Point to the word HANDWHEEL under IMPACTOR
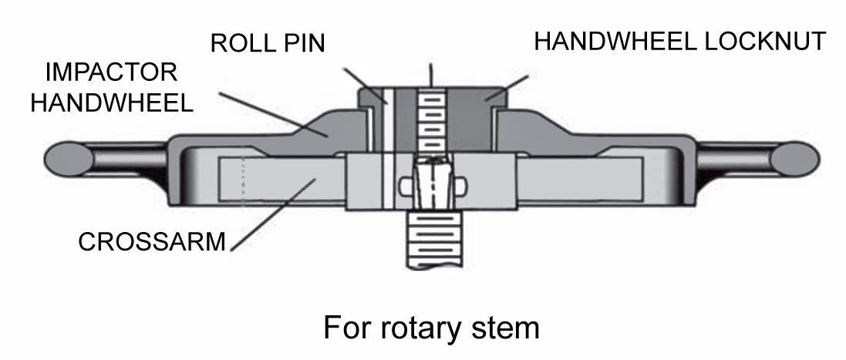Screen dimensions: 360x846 tap(112, 103)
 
